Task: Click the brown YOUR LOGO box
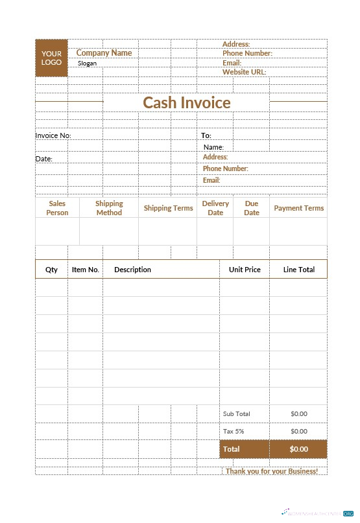51,58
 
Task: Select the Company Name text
104,53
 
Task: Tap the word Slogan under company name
87,64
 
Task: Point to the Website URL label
244,72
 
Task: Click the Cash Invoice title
186,102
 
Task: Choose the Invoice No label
53,135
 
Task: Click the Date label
43,159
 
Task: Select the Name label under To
213,147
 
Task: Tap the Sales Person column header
57,208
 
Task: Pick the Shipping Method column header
109,208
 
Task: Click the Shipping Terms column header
168,208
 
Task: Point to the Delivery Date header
215,208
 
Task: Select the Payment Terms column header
298,208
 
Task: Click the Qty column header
51,270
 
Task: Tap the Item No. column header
85,270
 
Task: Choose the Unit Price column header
245,270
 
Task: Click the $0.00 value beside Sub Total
298,413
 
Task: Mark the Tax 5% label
234,431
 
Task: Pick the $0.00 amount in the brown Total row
298,449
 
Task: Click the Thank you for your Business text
271,471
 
